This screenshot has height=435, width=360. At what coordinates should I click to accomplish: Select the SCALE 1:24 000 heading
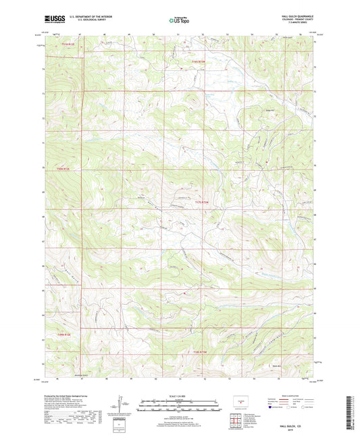[180, 396]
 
